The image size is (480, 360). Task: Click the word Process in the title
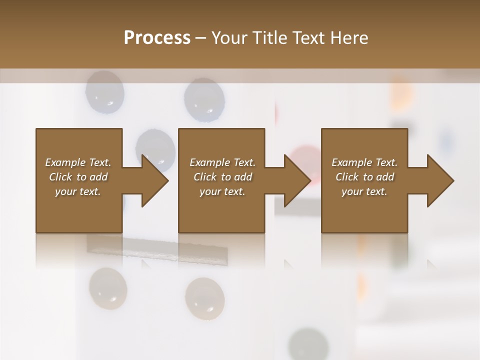click(x=157, y=38)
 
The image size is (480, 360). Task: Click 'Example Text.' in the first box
click(x=78, y=162)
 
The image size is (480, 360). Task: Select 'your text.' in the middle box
click(x=222, y=191)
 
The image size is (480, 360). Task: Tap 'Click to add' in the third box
click(x=365, y=177)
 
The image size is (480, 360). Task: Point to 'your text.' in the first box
click(x=78, y=191)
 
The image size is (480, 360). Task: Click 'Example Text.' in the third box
click(x=364, y=162)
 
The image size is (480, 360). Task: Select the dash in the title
click(x=201, y=38)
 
